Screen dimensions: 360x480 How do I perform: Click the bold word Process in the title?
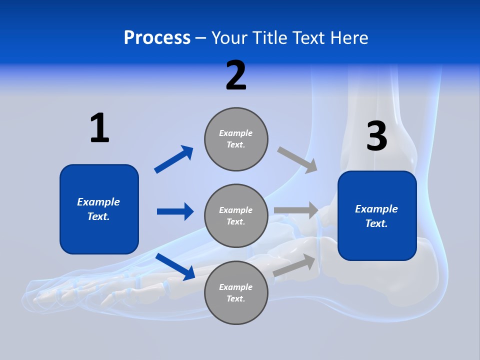click(157, 38)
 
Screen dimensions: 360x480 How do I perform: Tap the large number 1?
click(99, 128)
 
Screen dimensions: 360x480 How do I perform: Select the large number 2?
click(236, 75)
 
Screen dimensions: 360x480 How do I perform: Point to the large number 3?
click(376, 136)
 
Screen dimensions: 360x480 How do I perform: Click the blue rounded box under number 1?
click(99, 209)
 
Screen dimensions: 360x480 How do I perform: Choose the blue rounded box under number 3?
click(377, 216)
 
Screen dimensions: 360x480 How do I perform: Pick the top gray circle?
click(236, 139)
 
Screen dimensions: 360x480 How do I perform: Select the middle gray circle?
click(236, 216)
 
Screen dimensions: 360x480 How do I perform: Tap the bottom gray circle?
click(236, 292)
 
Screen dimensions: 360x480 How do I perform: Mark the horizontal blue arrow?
click(175, 211)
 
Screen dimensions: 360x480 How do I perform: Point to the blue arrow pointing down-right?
click(175, 266)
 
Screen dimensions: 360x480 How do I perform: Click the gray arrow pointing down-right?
click(297, 159)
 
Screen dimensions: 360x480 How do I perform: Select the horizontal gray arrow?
click(296, 210)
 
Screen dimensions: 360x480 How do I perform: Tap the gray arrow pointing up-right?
click(295, 265)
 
